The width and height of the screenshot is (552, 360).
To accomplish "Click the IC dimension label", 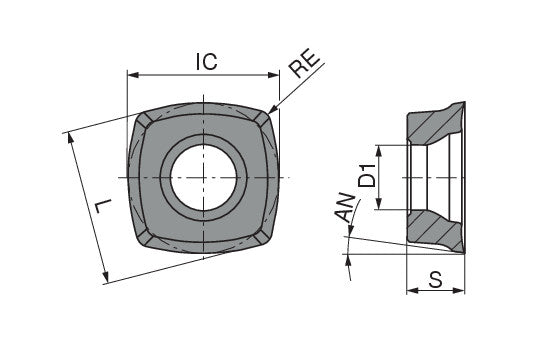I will point(207,62).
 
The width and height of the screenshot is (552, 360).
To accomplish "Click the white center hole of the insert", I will point(206,176).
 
